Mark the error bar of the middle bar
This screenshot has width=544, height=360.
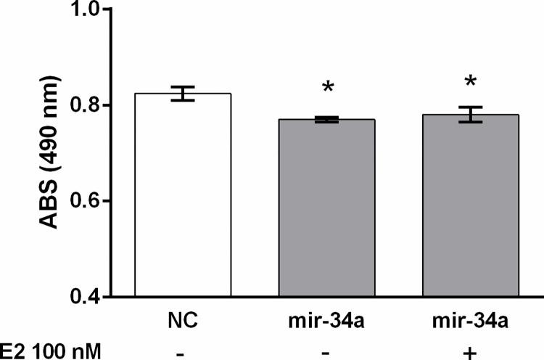[329, 120]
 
